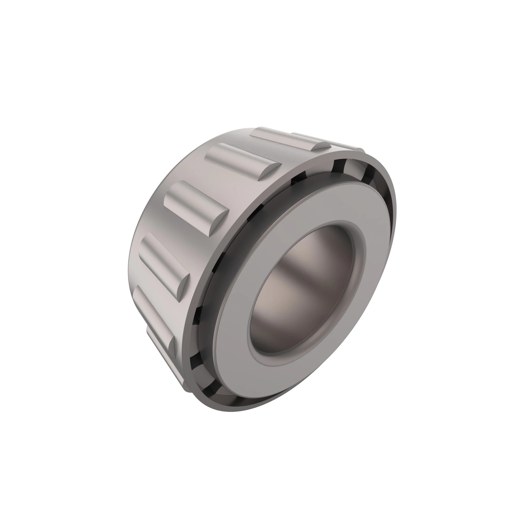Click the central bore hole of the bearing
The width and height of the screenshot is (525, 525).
pos(302,289)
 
